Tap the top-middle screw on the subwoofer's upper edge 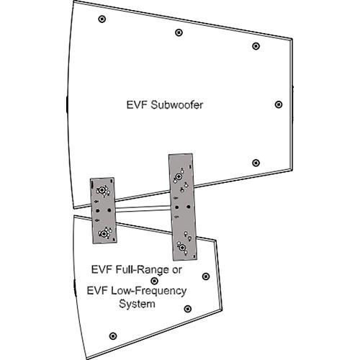point(178,32)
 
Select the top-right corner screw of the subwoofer point(256,46)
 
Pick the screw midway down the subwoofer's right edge point(279,104)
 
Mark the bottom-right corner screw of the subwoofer point(255,163)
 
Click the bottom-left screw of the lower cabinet point(111,336)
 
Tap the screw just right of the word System point(186,309)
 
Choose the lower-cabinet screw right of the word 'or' point(206,276)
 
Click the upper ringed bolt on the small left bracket point(102,191)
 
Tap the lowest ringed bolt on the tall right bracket point(182,248)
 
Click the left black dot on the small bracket point(96,210)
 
